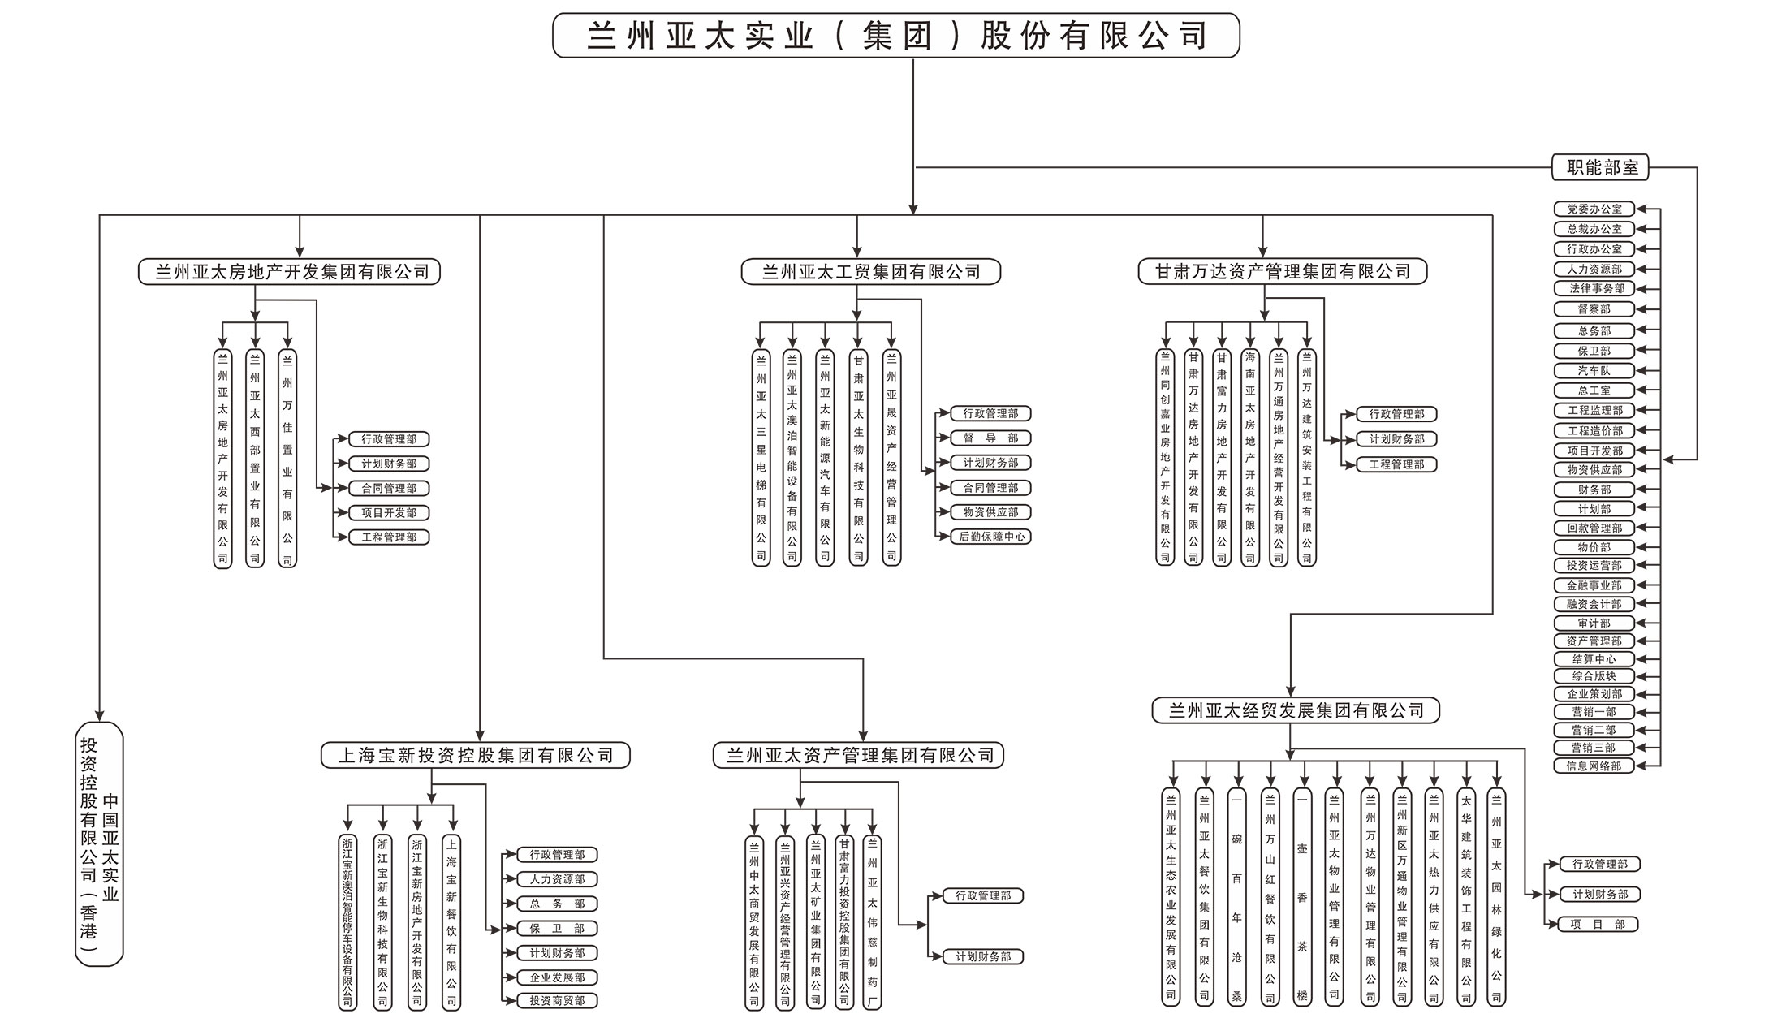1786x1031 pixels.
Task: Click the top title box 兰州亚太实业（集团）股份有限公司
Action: (896, 36)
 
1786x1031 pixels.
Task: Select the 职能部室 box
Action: (1602, 167)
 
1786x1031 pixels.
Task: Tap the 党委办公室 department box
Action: (1594, 209)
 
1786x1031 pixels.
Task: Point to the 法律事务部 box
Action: (1594, 288)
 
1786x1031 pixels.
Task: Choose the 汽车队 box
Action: (1594, 370)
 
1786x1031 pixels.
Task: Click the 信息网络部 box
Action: (1594, 766)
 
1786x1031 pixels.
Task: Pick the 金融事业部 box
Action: (1594, 585)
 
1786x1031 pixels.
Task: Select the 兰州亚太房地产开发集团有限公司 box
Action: (290, 272)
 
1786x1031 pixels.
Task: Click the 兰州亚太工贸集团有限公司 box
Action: (870, 272)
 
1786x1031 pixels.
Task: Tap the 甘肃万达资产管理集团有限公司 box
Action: (1282, 272)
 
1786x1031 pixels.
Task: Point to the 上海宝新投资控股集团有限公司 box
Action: (476, 756)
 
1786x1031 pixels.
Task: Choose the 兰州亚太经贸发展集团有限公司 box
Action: (1296, 711)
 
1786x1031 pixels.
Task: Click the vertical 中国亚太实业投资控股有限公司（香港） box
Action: (99, 844)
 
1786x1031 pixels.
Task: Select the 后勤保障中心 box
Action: (990, 537)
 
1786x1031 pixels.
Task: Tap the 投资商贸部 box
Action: (557, 1001)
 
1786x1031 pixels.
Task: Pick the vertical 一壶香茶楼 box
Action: (1302, 897)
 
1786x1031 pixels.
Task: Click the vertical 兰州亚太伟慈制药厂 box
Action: (873, 922)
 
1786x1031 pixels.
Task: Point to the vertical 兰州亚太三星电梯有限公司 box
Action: (761, 458)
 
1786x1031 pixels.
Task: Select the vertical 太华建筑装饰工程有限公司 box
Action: (1466, 897)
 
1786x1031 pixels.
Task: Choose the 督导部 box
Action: (990, 438)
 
